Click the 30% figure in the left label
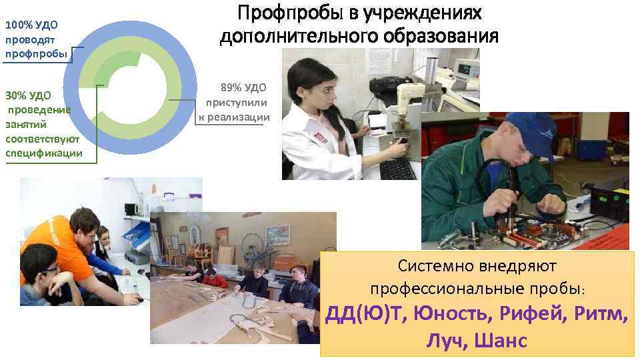[16, 95]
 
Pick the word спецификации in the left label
[44, 153]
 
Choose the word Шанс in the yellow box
[501, 341]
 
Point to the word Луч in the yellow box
[445, 341]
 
